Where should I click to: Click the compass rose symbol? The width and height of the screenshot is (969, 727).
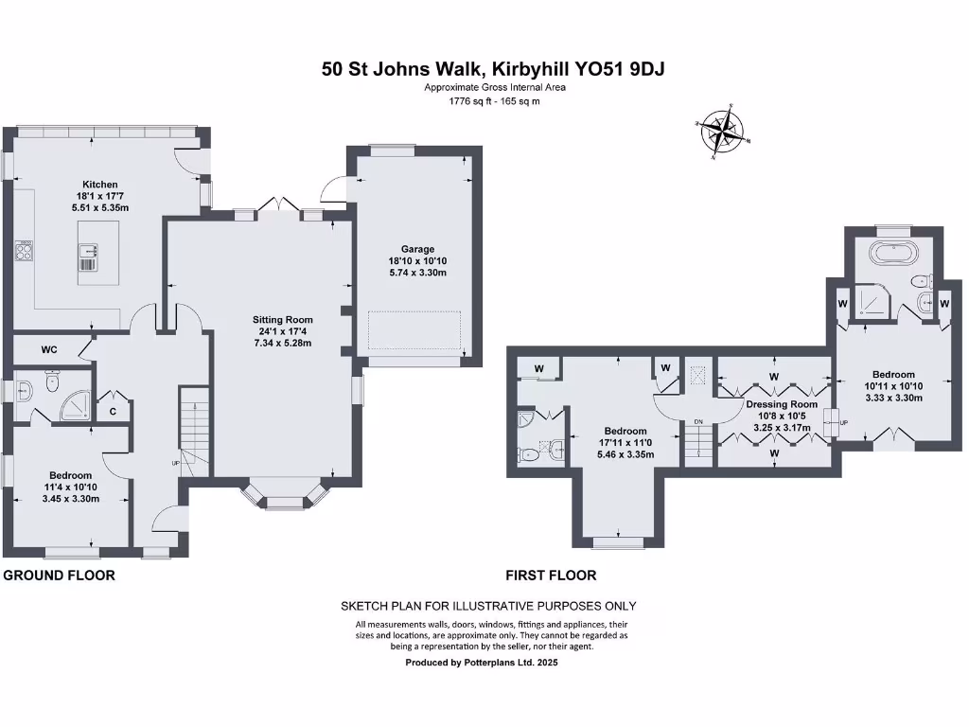724,133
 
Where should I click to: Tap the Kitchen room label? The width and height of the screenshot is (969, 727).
99,185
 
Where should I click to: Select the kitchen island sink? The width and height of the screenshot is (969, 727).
87,251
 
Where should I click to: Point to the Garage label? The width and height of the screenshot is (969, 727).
416,250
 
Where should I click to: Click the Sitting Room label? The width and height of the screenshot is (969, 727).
282,319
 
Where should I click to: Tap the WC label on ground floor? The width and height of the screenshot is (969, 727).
49,349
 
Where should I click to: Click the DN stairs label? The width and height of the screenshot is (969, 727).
698,421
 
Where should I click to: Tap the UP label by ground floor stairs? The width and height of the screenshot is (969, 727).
175,463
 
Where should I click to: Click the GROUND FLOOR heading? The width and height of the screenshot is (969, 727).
60,575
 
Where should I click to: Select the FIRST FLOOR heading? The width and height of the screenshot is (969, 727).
551,575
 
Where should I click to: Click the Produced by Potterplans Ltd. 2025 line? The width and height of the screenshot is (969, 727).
482,664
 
